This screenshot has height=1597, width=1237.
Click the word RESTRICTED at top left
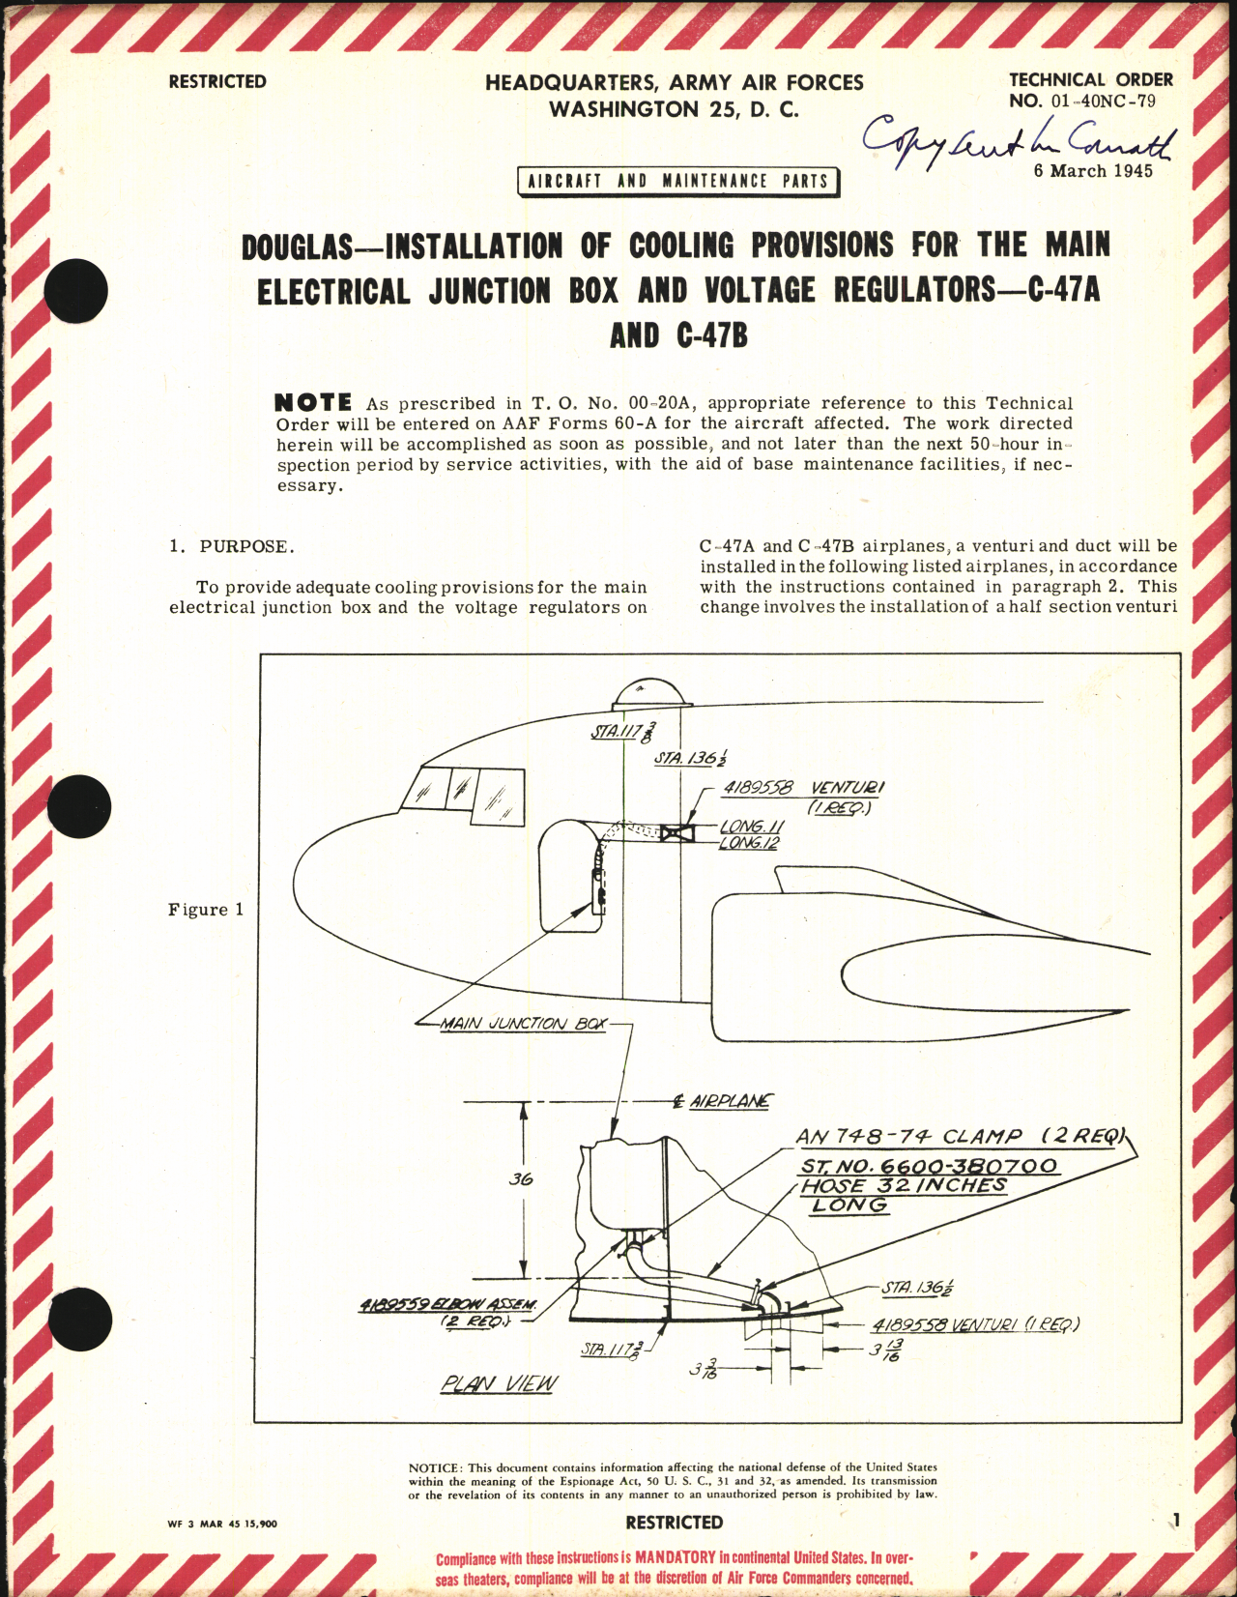tap(217, 82)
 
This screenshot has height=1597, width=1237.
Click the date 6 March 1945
tap(1092, 171)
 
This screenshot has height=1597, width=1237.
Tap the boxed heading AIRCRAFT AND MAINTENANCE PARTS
tap(677, 182)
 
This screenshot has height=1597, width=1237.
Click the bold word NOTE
tap(313, 402)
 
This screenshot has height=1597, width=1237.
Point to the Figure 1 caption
tap(206, 910)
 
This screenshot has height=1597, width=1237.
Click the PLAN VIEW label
tap(499, 1384)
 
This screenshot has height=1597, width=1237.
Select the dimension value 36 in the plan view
tap(520, 1179)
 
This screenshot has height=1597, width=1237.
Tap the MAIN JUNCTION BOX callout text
tap(523, 1024)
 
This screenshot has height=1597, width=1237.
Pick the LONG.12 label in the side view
tap(749, 844)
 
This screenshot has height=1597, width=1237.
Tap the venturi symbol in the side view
tap(676, 832)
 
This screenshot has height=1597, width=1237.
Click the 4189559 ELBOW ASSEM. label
tap(447, 1305)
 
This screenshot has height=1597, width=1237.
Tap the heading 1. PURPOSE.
tap(232, 547)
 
